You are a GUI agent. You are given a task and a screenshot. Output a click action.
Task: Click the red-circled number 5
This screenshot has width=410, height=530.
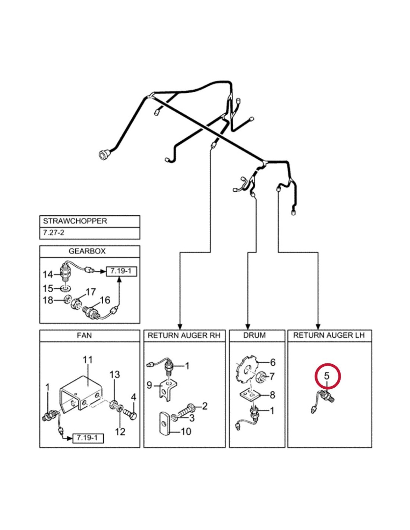[x=327, y=376]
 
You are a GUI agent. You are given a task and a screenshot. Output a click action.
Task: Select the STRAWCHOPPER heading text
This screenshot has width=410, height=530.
[x=75, y=221]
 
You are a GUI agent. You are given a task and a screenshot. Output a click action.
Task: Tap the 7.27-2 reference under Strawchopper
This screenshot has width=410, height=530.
[x=54, y=233]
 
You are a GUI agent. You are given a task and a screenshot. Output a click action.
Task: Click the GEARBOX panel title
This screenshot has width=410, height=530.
[x=87, y=251]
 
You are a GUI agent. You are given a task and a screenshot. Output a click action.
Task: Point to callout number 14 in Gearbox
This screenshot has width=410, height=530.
[x=48, y=275]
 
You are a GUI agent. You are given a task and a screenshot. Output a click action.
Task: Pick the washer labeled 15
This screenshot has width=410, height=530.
[x=66, y=288]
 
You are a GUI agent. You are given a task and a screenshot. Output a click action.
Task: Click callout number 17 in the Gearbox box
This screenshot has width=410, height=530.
[x=91, y=292]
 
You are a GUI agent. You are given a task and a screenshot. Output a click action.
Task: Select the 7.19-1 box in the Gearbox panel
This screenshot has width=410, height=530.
[x=122, y=271]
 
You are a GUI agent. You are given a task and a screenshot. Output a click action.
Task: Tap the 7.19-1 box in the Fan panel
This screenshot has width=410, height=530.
[x=88, y=438]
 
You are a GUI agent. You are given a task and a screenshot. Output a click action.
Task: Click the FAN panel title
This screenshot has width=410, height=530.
[x=84, y=335]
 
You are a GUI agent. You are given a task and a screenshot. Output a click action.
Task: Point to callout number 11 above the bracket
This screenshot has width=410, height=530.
[x=88, y=360]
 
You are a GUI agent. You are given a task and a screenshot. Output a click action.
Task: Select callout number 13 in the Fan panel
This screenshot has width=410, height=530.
[x=114, y=375]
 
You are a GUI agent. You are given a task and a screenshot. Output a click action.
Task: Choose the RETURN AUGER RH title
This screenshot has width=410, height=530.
[x=184, y=335]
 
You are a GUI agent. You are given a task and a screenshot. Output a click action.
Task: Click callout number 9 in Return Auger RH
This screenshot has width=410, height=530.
[x=149, y=385]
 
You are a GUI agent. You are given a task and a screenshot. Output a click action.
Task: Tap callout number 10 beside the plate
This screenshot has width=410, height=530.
[x=186, y=431]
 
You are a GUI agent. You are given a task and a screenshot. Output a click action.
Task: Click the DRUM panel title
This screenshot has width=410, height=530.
[x=255, y=335]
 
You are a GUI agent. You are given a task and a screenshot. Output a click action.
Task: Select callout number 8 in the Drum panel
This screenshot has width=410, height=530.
[x=272, y=395]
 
